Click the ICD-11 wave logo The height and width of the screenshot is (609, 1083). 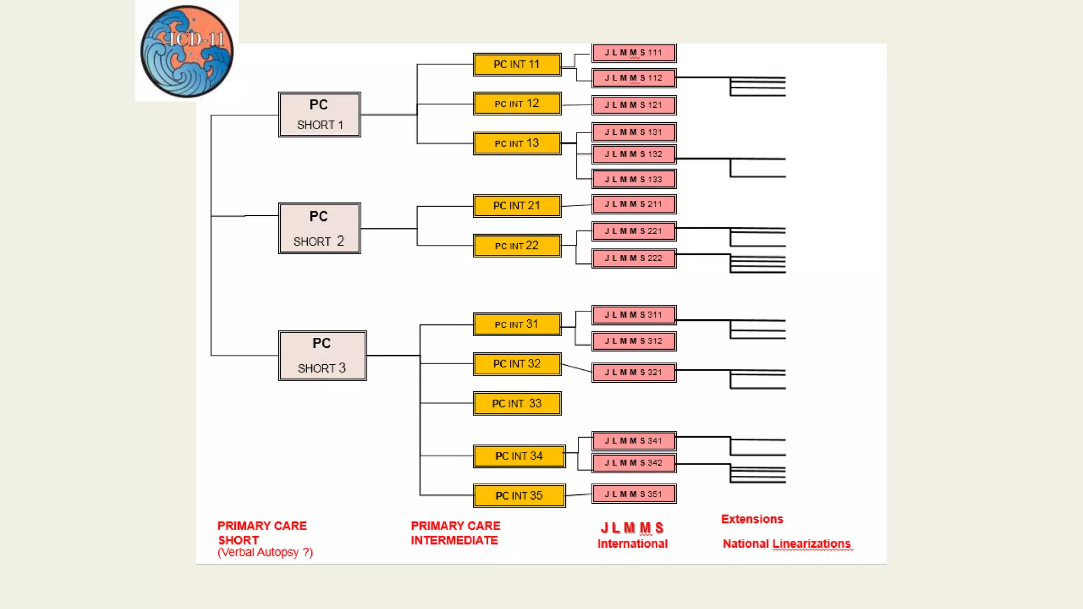click(187, 51)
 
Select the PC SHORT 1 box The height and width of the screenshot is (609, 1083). click(319, 115)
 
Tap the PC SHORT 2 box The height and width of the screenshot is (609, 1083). click(319, 228)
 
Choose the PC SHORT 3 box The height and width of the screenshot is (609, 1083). click(322, 355)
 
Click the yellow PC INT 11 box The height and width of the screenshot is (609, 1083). click(517, 64)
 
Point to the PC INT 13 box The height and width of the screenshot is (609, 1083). click(517, 143)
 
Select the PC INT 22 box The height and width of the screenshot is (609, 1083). click(517, 246)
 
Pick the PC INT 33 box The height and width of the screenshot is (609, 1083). click(517, 404)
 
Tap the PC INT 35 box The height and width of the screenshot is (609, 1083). click(519, 496)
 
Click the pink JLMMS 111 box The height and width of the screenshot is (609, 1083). click(634, 53)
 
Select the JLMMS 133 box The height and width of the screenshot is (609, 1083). click(634, 179)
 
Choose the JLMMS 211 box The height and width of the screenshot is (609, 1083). click(634, 204)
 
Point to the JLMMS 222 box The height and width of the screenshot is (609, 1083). click(634, 258)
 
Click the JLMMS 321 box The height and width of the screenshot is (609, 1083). click(634, 372)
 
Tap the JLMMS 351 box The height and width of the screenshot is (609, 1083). click(634, 494)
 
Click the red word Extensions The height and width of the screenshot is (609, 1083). click(752, 519)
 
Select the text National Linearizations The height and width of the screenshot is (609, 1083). click(787, 543)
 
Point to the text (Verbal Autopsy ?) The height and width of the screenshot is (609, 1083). click(265, 552)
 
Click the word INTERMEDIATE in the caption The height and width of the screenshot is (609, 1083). click(454, 540)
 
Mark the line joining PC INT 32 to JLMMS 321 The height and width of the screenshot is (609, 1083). click(576, 368)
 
